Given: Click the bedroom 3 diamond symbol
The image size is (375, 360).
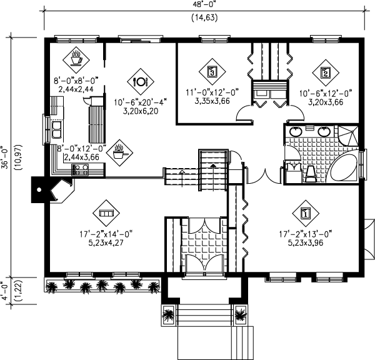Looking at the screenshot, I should pos(212,72).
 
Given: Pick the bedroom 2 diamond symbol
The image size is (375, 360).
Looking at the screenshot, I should pos(325,72).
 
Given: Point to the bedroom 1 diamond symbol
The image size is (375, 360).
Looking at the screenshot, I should pos(304,214).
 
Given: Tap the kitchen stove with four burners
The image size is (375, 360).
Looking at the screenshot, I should pos(80,169).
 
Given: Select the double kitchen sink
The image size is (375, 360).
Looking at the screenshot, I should pos(56,130).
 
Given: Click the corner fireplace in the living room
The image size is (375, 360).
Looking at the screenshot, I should pos(60,190).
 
